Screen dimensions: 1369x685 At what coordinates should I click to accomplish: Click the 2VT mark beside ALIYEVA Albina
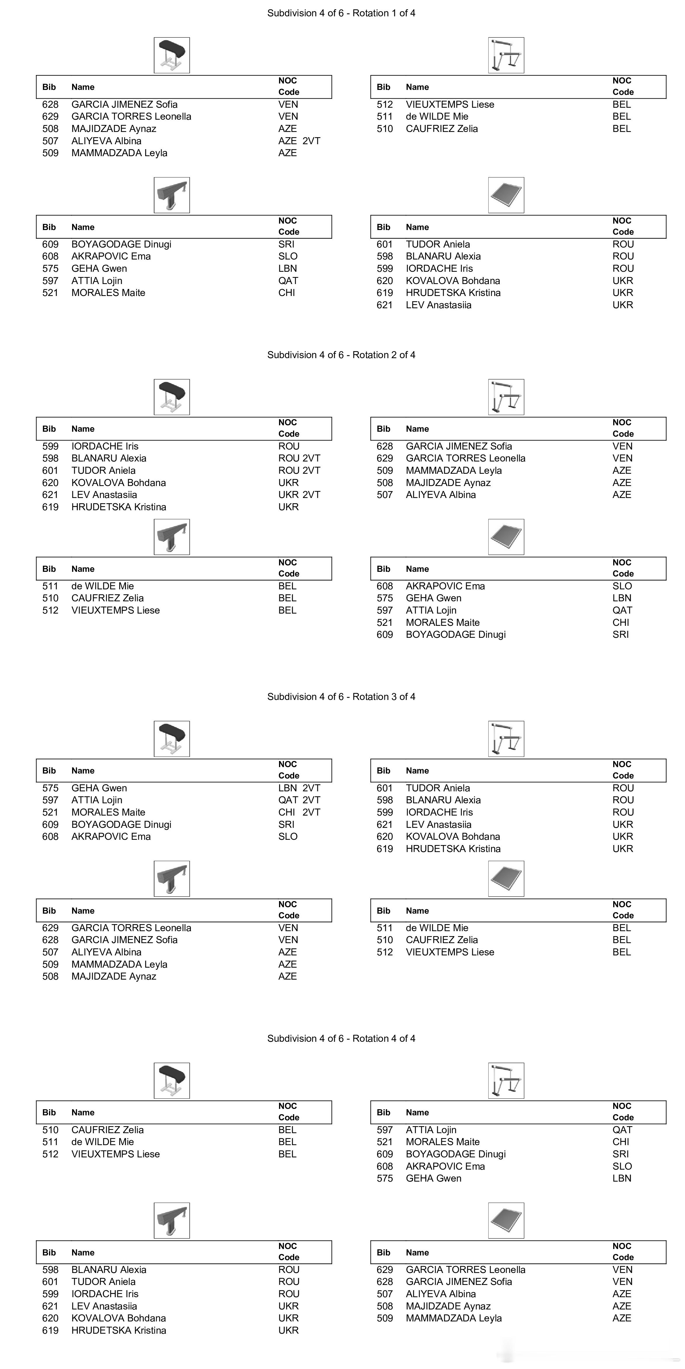pos(311,141)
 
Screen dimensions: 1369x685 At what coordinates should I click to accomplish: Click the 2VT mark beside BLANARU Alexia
pos(311,458)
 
